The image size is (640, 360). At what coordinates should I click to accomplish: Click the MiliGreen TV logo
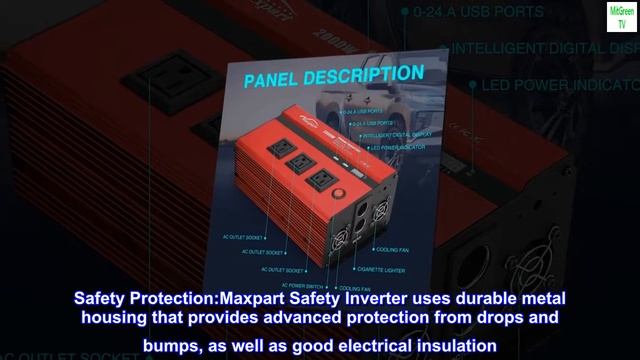620,19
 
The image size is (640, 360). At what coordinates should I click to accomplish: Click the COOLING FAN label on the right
391,249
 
